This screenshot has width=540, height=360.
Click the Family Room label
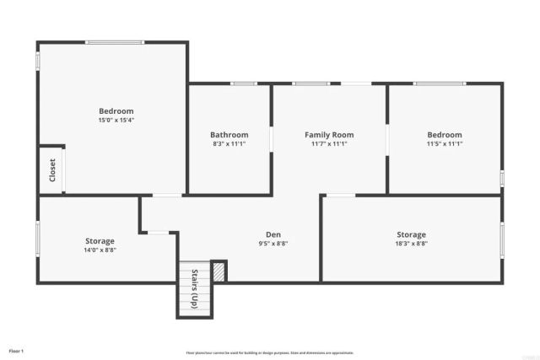tap(329, 135)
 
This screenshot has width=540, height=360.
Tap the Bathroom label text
tap(229, 135)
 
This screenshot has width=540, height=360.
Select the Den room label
tap(273, 234)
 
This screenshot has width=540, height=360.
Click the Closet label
tap(52, 170)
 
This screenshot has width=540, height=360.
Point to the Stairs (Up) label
tap(194, 289)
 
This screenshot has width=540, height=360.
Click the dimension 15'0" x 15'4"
tap(116, 121)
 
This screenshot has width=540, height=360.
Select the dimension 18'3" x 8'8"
tap(412, 244)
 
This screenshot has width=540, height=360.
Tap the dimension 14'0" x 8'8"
tap(100, 250)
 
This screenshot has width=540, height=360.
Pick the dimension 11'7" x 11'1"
tap(329, 144)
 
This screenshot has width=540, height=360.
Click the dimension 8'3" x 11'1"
tap(229, 144)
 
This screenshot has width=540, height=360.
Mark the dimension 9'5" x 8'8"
tap(273, 244)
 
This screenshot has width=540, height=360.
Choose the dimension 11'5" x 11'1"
tap(445, 144)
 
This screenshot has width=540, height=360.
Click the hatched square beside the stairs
tap(219, 271)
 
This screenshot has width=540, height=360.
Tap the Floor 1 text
tap(17, 350)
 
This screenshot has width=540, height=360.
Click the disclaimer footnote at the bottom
tap(270, 352)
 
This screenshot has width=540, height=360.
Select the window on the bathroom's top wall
tap(245, 83)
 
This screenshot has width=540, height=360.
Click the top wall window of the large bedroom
tap(115, 41)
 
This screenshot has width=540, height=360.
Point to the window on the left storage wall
tap(36, 237)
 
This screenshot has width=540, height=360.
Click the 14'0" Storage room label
tap(100, 240)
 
